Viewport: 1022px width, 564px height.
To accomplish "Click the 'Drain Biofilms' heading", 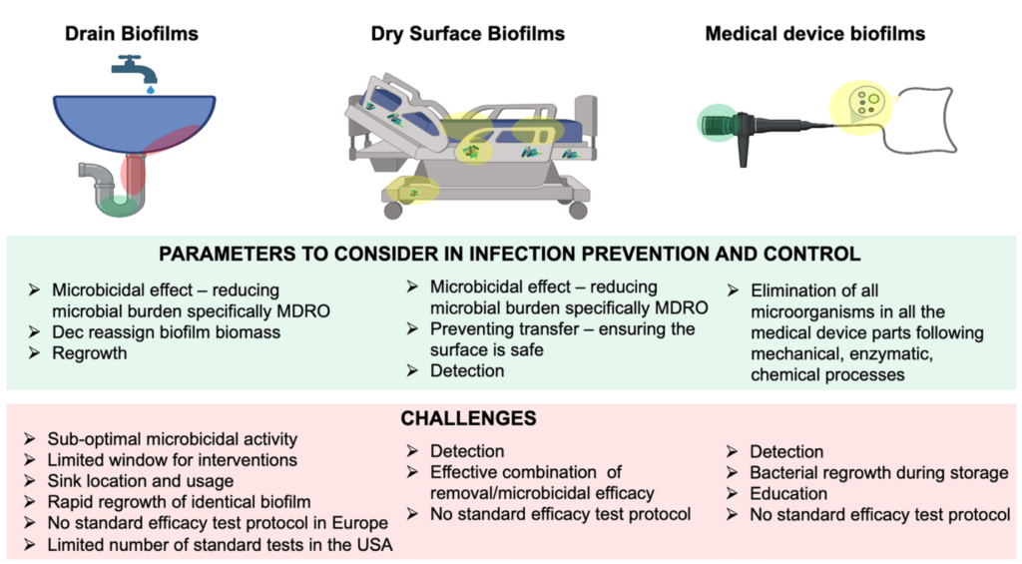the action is pyautogui.click(x=131, y=34).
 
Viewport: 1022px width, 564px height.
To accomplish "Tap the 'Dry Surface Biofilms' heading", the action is pyautogui.click(x=467, y=34).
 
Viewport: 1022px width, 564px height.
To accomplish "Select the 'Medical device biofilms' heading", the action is pyautogui.click(x=814, y=33).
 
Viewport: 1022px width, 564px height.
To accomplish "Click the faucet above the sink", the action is pyautogui.click(x=135, y=68).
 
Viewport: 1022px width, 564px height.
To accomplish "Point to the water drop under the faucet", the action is pyautogui.click(x=151, y=89).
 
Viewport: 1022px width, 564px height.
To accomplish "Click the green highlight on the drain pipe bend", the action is pyautogui.click(x=119, y=206).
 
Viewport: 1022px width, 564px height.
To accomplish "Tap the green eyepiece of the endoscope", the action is pyautogui.click(x=718, y=124).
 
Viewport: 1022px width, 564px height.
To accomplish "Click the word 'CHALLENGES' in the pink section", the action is pyautogui.click(x=468, y=418).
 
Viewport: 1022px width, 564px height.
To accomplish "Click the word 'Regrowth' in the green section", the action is pyautogui.click(x=89, y=353).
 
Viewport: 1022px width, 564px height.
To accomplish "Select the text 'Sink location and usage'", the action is pyautogui.click(x=140, y=481).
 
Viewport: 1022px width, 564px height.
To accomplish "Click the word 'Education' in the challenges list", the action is pyautogui.click(x=788, y=493).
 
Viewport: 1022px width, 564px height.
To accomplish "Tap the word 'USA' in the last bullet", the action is pyautogui.click(x=373, y=544).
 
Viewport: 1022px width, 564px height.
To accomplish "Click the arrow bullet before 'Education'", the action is pyautogui.click(x=732, y=493).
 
